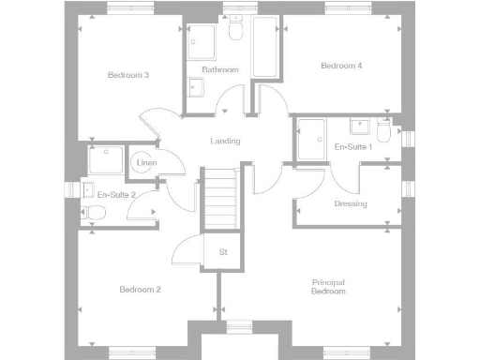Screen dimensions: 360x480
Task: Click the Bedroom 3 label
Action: (x=128, y=75)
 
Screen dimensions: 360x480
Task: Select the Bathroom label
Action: (x=220, y=70)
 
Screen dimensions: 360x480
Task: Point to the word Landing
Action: (x=226, y=142)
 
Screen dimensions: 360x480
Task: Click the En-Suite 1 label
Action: (x=353, y=147)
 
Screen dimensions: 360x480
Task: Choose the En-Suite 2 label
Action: (x=117, y=195)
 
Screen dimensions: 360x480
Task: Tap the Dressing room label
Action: (x=351, y=203)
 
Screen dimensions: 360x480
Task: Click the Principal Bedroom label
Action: (x=328, y=287)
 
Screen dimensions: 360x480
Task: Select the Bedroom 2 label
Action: (x=141, y=290)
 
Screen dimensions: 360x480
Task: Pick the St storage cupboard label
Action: (x=224, y=252)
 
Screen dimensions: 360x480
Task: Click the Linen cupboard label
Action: (x=145, y=164)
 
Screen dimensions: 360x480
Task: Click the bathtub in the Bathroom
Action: (x=265, y=47)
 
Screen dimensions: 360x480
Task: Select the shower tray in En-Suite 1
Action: (x=310, y=138)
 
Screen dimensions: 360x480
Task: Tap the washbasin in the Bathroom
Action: (x=196, y=88)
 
